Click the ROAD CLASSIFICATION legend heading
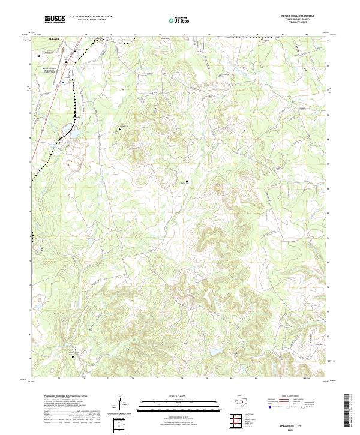pyautogui.click(x=292, y=397)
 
